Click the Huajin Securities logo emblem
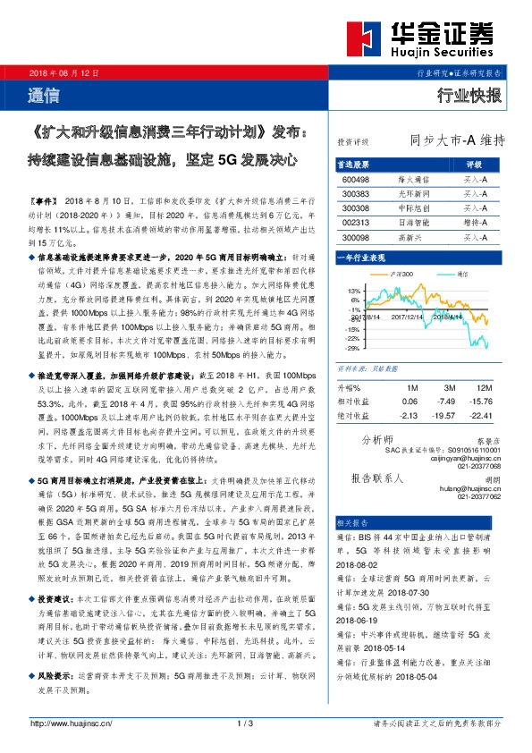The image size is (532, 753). [x=369, y=39]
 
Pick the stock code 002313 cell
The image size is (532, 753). [x=356, y=222]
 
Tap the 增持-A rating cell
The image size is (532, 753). [x=475, y=222]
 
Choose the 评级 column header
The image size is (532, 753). [x=475, y=165]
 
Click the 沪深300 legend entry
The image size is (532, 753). [x=401, y=273]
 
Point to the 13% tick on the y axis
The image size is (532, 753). [x=354, y=291]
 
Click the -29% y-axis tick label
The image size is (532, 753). [x=353, y=348]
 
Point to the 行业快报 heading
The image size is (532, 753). [x=469, y=96]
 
